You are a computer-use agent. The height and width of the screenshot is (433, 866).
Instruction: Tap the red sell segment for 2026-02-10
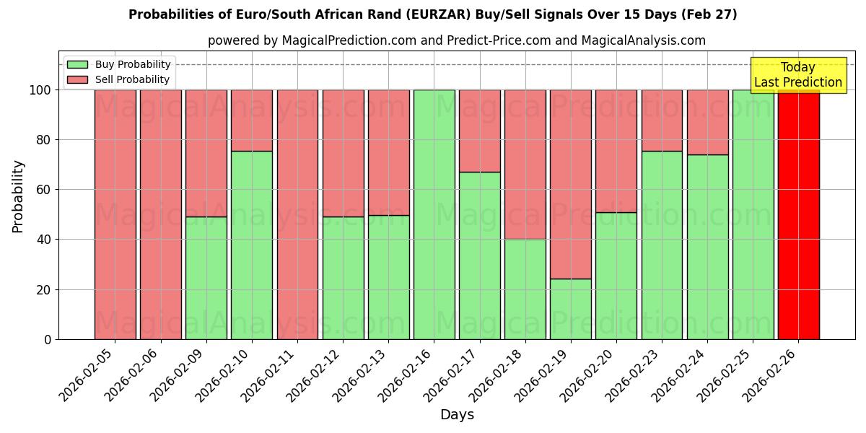point(252,121)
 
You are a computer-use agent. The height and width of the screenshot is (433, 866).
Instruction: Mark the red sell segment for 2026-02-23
point(662,121)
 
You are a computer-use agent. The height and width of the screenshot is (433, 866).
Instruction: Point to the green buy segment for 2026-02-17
point(480,255)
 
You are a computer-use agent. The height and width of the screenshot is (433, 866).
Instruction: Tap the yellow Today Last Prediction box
point(798,75)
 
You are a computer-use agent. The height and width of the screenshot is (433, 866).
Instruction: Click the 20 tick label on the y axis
point(45,290)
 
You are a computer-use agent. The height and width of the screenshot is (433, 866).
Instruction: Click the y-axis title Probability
point(18,196)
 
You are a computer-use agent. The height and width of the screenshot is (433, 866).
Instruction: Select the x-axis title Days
point(457,415)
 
